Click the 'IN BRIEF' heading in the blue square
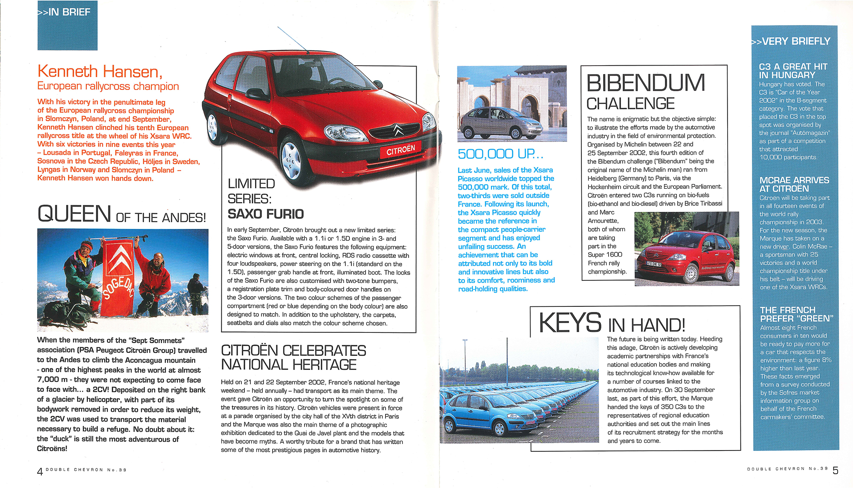tap(64, 12)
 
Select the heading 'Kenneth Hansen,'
tap(100, 71)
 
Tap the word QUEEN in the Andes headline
tap(74, 214)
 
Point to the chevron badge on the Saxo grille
tap(397, 129)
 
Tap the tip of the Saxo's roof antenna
tap(278, 27)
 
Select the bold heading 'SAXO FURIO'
tap(265, 214)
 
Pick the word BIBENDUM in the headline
tap(646, 83)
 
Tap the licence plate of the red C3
tap(654, 264)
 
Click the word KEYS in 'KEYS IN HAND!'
tap(570, 323)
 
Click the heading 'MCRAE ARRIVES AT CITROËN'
tap(794, 185)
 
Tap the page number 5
tap(835, 471)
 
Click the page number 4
tap(40, 471)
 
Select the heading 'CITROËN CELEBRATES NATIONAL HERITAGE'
tap(293, 358)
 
